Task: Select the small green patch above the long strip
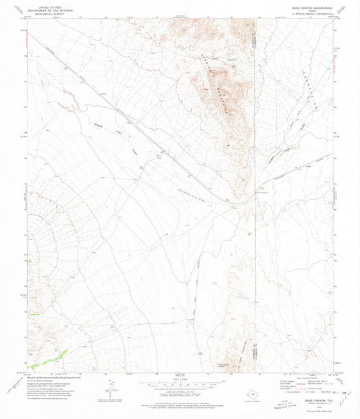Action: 34,314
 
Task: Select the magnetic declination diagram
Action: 112,389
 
